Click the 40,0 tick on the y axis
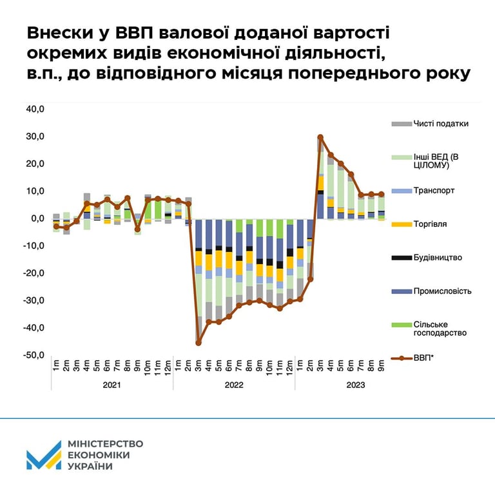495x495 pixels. [x=34, y=110]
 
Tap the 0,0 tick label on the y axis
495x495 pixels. [x=36, y=218]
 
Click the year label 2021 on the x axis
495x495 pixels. [x=112, y=385]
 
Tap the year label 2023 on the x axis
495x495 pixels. [x=354, y=385]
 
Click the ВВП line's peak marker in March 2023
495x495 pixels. [x=320, y=137]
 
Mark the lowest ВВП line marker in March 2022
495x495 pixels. [x=199, y=343]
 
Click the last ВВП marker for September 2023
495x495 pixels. [x=381, y=194]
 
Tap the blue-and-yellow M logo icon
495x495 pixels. [x=43, y=456]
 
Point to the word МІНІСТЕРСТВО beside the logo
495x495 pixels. [x=105, y=444]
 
